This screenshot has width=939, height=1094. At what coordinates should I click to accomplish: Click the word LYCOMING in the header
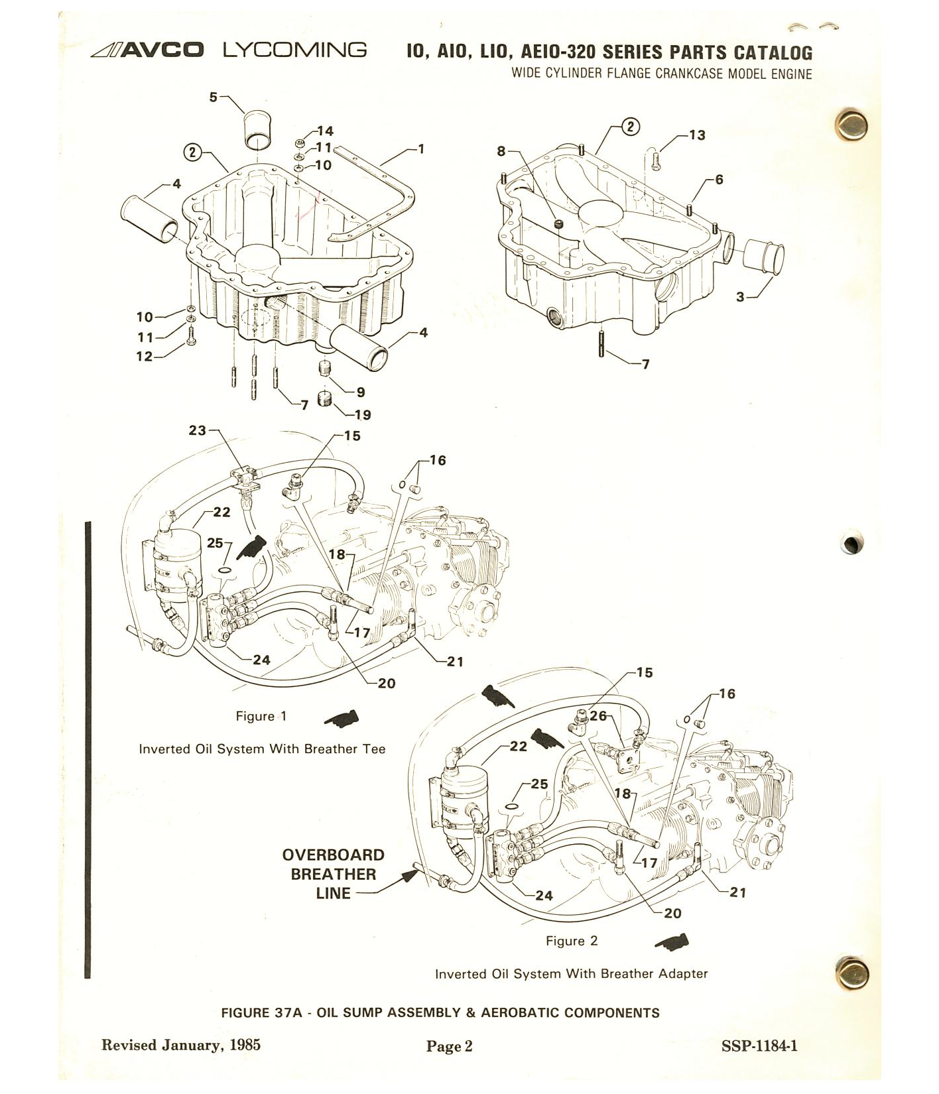tap(294, 50)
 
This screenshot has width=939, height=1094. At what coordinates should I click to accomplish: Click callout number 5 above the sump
tap(213, 97)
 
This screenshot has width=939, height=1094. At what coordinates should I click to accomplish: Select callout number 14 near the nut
tap(325, 131)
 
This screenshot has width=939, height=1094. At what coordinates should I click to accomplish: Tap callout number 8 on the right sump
tap(501, 151)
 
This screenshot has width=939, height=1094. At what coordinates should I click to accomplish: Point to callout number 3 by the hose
tap(740, 297)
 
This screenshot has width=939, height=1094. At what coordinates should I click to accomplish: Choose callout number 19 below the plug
tap(363, 415)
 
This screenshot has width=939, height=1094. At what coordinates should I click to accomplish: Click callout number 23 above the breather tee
tap(198, 430)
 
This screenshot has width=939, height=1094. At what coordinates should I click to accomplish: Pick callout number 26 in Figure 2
tap(598, 716)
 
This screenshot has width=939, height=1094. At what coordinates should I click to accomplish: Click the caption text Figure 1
tap(261, 716)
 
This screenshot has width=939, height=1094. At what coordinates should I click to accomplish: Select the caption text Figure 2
tap(572, 941)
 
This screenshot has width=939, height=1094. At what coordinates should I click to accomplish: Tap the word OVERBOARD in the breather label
tap(334, 855)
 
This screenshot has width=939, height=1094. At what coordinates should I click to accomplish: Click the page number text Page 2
tap(449, 1046)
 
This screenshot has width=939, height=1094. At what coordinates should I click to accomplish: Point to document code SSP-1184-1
tap(759, 1046)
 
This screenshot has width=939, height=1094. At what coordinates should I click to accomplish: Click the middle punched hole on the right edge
tap(852, 542)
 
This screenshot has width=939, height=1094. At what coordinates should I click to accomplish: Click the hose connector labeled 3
tap(762, 259)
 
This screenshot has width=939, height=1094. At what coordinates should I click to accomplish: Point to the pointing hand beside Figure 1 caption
tap(342, 719)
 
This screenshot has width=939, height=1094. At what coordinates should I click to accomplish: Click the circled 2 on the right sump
tap(631, 127)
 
